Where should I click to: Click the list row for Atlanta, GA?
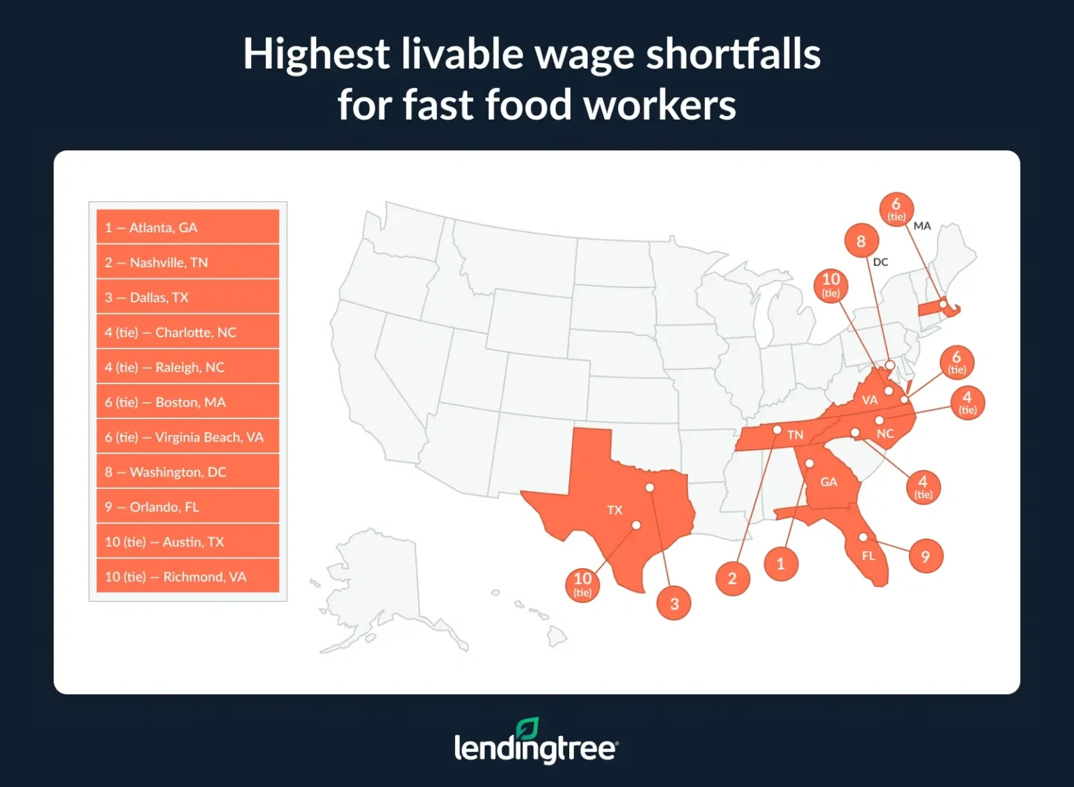(x=187, y=227)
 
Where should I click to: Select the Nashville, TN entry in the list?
(x=187, y=262)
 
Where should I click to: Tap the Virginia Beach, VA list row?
(x=187, y=437)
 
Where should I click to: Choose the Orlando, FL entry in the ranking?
(x=187, y=507)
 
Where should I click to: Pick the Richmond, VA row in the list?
(x=187, y=577)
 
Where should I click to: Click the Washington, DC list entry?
(x=187, y=472)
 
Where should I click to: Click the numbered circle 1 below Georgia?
(x=780, y=564)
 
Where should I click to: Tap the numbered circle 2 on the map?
(x=732, y=579)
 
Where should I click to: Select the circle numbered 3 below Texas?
(x=674, y=604)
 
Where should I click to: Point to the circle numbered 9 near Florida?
(x=925, y=557)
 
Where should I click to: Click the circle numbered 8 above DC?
(x=861, y=241)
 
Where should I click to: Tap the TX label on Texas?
(x=615, y=510)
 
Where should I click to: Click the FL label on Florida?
(x=868, y=556)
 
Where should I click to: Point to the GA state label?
(x=829, y=482)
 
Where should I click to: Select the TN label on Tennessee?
(x=795, y=435)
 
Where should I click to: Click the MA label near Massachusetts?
(x=922, y=226)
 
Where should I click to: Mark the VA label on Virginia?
(x=869, y=400)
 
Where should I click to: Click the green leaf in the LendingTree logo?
(x=528, y=728)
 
